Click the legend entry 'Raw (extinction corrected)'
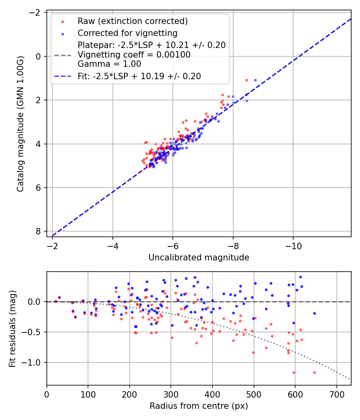[132, 21]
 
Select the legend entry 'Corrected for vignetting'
[127, 33]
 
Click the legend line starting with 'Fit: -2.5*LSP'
[139, 76]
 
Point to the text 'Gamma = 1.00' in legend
[109, 64]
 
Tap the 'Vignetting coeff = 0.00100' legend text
[134, 55]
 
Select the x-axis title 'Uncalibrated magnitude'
[199, 258]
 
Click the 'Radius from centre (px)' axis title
[199, 406]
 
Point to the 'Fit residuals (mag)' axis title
[12, 328]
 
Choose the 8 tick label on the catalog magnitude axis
[38, 231]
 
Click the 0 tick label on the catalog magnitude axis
[38, 56]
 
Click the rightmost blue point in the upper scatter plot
[255, 80]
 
